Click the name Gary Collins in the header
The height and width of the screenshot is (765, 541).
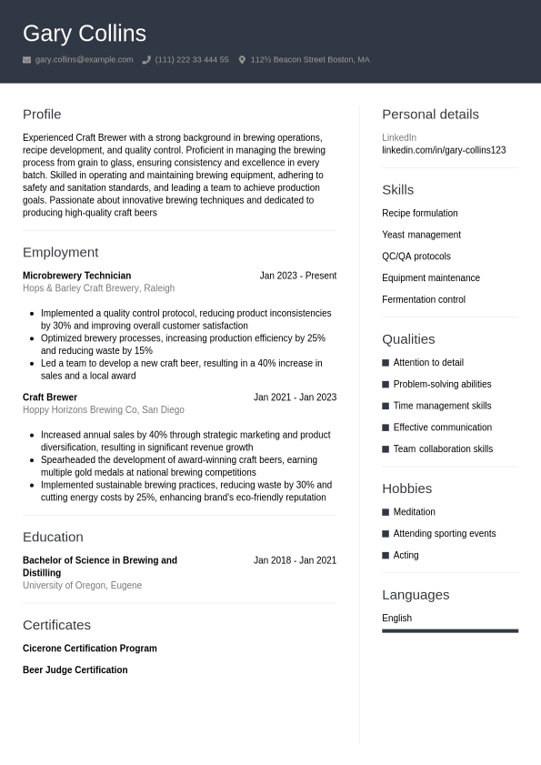(x=85, y=34)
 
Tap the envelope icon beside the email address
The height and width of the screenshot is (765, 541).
(x=27, y=60)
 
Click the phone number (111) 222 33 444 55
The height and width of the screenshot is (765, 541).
(x=192, y=60)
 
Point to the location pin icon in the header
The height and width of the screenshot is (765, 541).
(x=242, y=60)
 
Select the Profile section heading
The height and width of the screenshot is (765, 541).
(x=42, y=115)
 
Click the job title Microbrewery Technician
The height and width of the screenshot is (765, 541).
(x=76, y=276)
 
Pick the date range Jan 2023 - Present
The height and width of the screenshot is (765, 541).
(x=297, y=276)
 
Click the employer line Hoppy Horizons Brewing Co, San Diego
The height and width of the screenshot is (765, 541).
(x=103, y=410)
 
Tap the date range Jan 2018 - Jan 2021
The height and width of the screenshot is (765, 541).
(x=295, y=560)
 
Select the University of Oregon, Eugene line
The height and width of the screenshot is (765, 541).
(x=82, y=586)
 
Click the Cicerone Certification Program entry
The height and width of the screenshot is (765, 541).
(x=89, y=649)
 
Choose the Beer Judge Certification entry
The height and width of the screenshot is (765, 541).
(x=75, y=670)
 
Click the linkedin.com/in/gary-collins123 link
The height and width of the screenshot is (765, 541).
(x=444, y=150)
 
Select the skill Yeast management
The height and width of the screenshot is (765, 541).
(x=421, y=235)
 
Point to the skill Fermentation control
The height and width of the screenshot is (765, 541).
(x=423, y=299)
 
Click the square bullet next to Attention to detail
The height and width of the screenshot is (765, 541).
(x=386, y=363)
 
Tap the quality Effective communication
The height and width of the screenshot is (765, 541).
(x=442, y=428)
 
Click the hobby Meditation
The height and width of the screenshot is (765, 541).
(x=414, y=512)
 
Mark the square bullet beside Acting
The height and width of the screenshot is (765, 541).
(x=386, y=556)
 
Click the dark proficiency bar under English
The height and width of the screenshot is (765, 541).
(x=450, y=630)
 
